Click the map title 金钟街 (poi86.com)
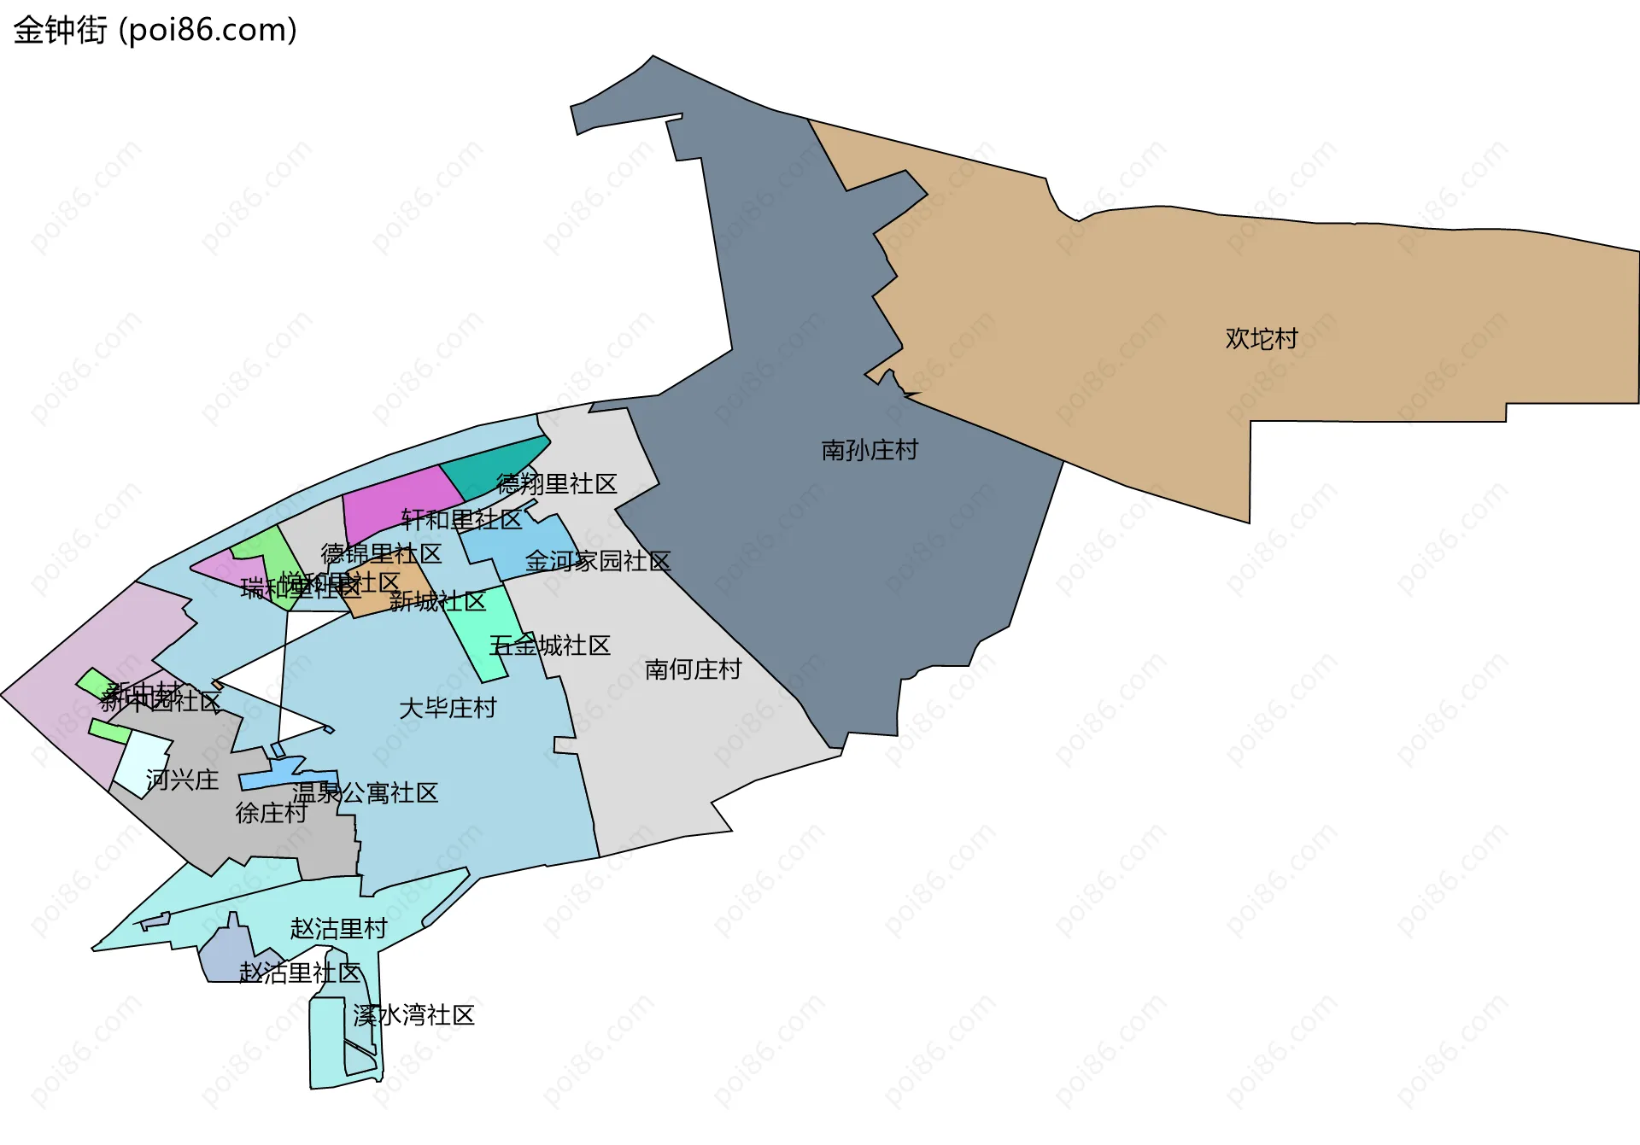[x=155, y=31]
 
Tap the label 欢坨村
[x=1261, y=339]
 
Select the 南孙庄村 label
[x=870, y=450]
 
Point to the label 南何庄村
[x=693, y=669]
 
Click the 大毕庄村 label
[x=448, y=708]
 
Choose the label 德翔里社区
[x=556, y=484]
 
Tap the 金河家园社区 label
[x=598, y=561]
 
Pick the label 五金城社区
[x=549, y=646]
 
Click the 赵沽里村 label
[x=338, y=928]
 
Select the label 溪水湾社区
[x=413, y=1015]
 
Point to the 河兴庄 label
[x=182, y=780]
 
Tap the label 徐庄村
[x=271, y=813]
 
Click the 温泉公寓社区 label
[x=366, y=793]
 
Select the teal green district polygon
[x=491, y=461]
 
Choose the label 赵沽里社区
[x=300, y=973]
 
